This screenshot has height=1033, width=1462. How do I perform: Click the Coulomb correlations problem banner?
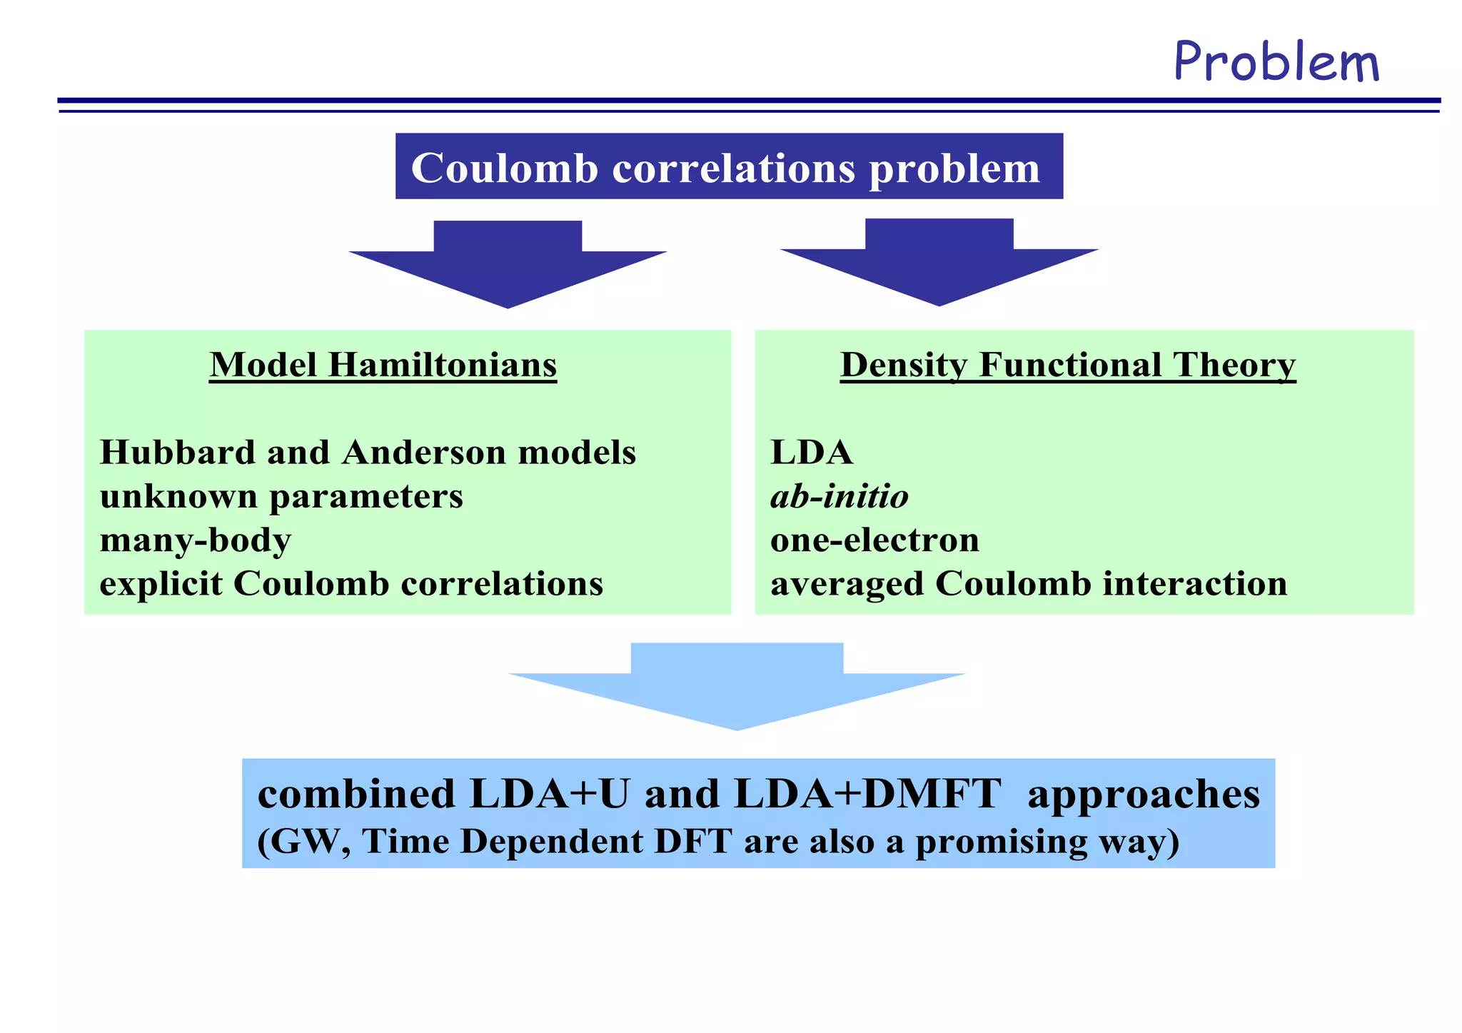click(x=728, y=167)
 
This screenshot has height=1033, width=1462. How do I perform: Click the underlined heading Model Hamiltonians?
click(x=383, y=365)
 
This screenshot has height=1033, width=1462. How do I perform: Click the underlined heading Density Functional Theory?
click(x=1067, y=365)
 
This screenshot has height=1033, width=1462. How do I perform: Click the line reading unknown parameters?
click(x=281, y=495)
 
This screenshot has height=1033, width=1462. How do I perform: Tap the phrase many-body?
click(x=196, y=540)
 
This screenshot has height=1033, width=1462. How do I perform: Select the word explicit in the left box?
click(x=161, y=583)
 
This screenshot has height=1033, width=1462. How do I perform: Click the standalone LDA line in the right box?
click(x=812, y=452)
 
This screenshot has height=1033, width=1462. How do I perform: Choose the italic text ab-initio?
click(x=839, y=495)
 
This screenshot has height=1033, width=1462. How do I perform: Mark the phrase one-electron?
click(x=874, y=540)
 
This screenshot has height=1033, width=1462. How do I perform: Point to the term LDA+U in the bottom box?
click(x=550, y=793)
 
